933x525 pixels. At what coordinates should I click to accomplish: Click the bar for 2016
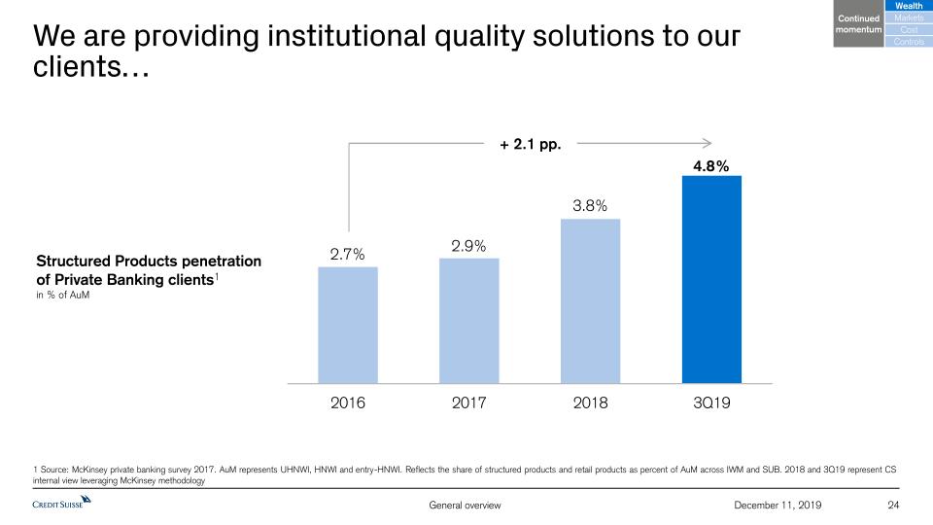click(348, 325)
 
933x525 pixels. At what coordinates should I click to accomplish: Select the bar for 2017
click(468, 321)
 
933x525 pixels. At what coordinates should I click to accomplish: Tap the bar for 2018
click(590, 300)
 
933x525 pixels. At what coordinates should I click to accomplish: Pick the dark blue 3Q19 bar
click(711, 279)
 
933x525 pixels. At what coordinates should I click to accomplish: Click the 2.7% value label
click(347, 255)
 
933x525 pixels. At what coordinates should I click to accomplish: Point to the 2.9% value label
click(468, 246)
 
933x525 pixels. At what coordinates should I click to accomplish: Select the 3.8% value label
click(590, 206)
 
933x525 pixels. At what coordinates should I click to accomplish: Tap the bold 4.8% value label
click(710, 166)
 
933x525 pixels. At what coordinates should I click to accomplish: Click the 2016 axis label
click(347, 402)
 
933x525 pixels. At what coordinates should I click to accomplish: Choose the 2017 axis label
click(468, 402)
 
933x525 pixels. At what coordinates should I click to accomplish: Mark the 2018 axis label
click(590, 402)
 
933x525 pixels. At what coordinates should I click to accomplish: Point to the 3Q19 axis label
click(711, 402)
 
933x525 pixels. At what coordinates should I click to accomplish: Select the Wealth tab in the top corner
click(909, 8)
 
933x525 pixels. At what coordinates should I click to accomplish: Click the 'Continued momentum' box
click(857, 24)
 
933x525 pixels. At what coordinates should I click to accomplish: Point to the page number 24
click(894, 505)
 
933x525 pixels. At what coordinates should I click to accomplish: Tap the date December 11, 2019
click(779, 505)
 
